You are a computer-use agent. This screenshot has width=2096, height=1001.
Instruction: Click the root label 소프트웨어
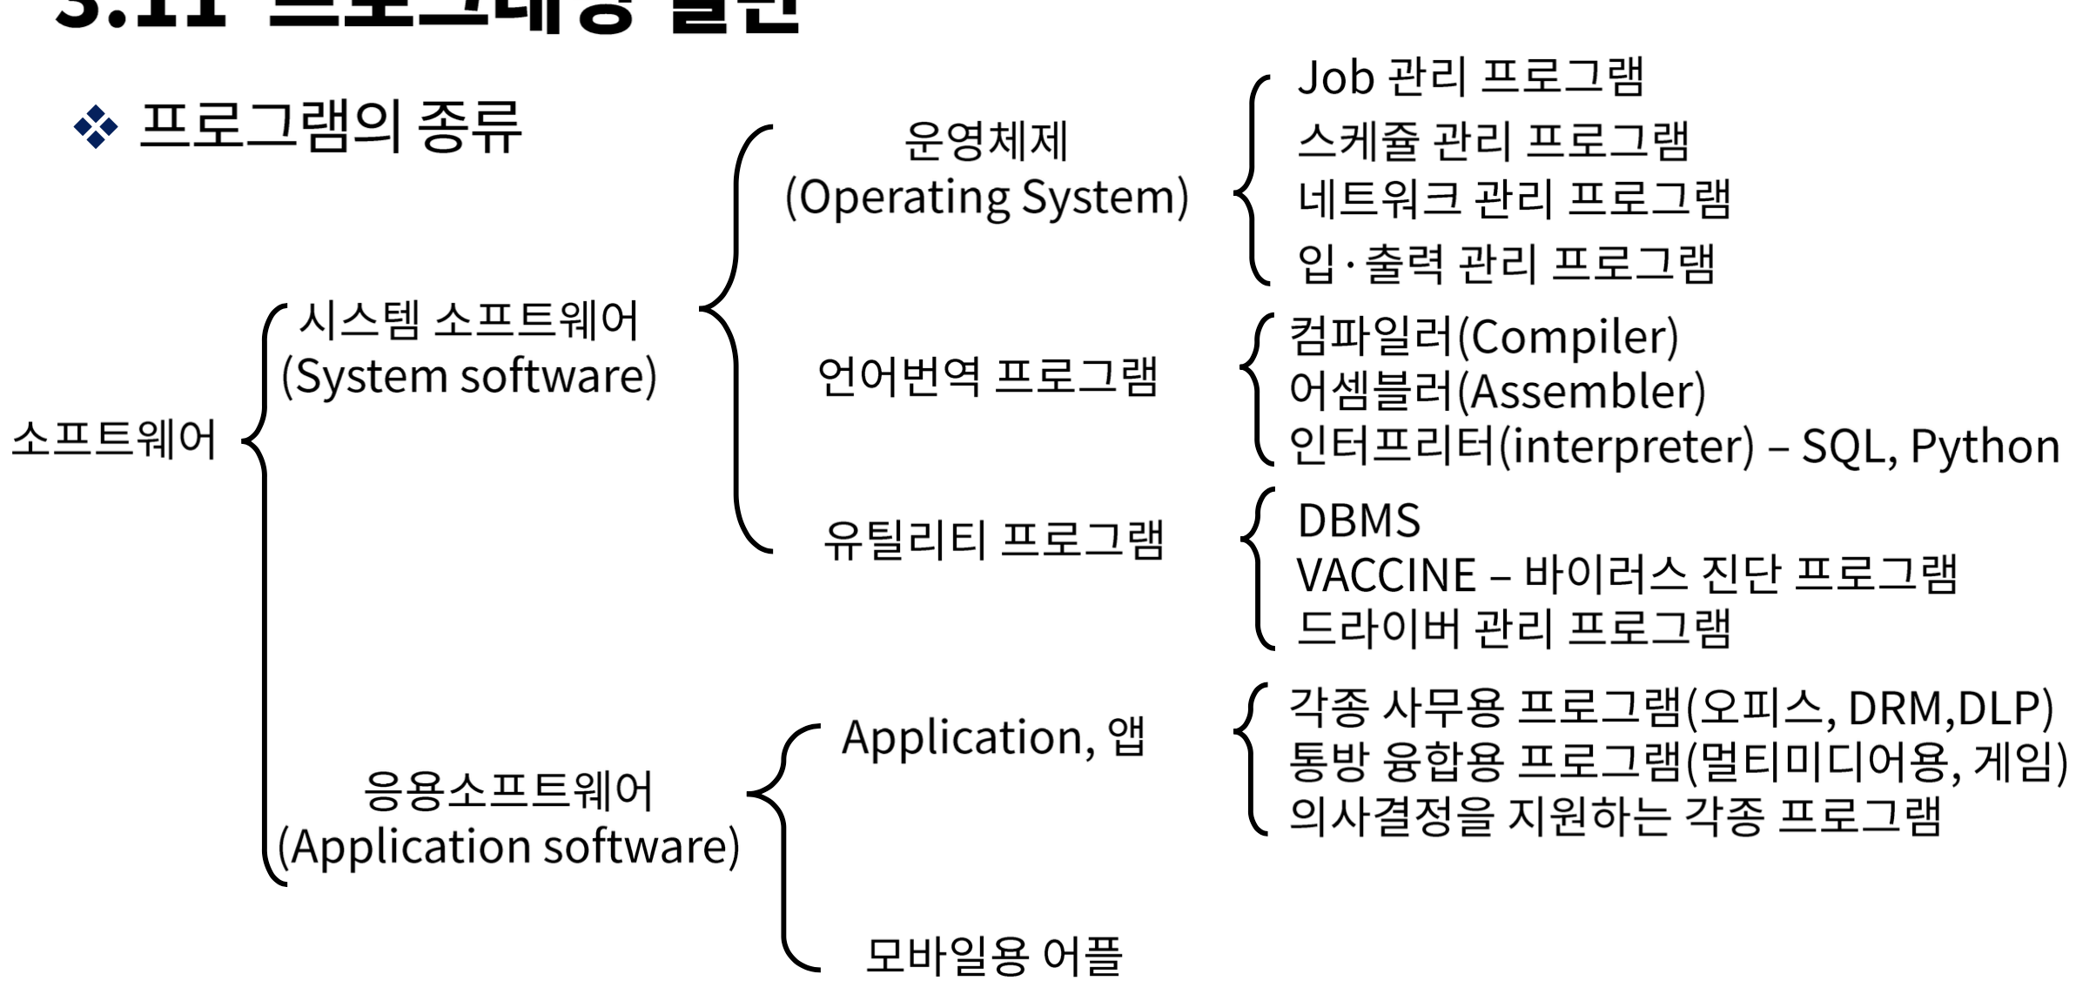(113, 440)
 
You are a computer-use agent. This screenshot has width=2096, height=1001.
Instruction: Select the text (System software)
(469, 377)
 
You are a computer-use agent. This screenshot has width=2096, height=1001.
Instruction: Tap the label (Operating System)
(987, 198)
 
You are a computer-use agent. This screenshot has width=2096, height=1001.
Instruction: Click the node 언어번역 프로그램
(987, 377)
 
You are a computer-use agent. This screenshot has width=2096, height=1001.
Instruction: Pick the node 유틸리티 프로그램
(993, 540)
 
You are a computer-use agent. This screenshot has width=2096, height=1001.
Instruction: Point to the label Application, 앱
(993, 738)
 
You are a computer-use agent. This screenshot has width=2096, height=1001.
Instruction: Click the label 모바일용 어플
(993, 955)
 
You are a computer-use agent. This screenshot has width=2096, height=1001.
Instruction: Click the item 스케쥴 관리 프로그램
(1493, 141)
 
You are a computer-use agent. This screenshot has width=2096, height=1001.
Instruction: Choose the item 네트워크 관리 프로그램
(1514, 199)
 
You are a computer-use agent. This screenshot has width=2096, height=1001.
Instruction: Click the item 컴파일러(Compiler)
(1483, 337)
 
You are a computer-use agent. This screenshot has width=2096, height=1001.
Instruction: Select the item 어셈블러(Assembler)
(1497, 392)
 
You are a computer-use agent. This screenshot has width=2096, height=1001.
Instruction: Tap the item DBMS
(1359, 521)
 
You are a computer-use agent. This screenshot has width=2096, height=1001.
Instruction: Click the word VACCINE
(1386, 575)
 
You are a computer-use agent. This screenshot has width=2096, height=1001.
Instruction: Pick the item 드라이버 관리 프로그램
(1514, 628)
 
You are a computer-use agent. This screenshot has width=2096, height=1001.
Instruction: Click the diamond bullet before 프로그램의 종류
(96, 128)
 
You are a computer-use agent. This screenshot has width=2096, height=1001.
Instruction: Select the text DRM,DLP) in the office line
(1950, 709)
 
